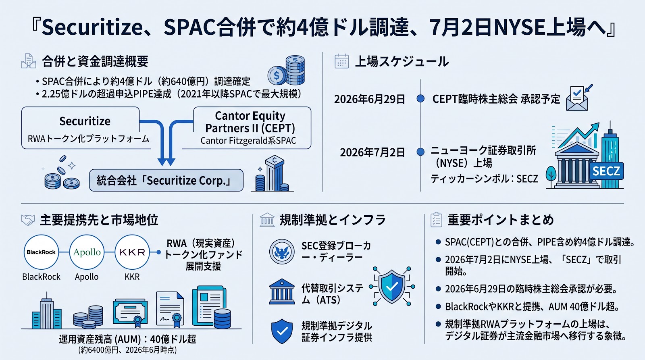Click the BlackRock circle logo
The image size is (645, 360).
(41, 252)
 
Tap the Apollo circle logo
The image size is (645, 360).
(87, 252)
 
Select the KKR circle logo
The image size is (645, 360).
(132, 252)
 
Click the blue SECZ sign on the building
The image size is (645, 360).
(606, 171)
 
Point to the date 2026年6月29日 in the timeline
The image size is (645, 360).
(369, 99)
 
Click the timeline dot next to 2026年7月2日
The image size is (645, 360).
(420, 152)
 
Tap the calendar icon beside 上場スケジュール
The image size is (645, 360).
(342, 61)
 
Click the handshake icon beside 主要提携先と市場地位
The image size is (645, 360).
(28, 220)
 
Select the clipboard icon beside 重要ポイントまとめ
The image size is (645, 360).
(436, 220)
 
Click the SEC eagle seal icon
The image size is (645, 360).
(282, 252)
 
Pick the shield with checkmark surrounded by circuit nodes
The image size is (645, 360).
(392, 286)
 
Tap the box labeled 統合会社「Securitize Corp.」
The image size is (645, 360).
(166, 180)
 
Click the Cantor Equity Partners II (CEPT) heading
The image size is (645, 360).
(250, 122)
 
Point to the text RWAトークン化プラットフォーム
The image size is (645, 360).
(88, 139)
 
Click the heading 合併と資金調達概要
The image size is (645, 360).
(95, 61)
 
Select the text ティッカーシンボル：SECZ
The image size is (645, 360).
(484, 179)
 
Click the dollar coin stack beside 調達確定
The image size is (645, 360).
(286, 70)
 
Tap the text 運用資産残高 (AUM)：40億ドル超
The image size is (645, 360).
(127, 339)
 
